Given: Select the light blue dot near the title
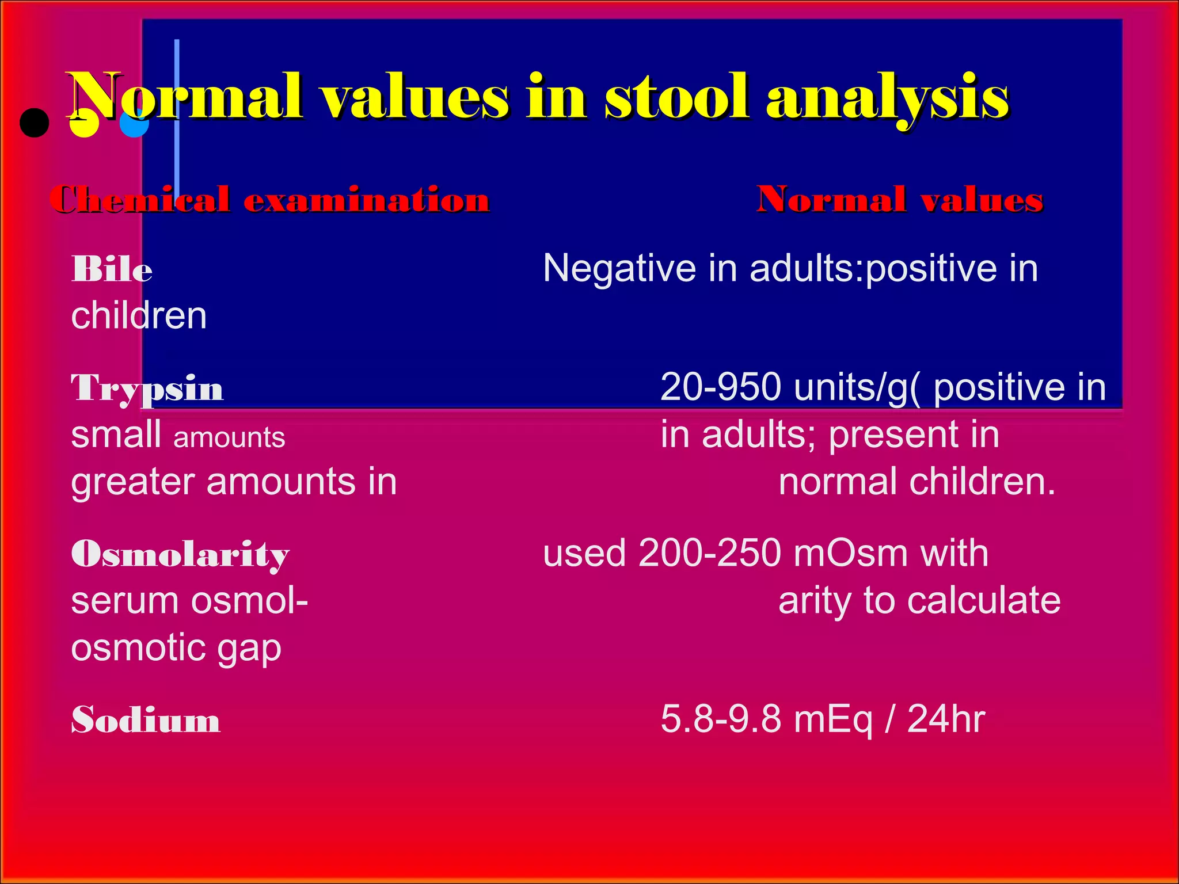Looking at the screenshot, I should [134, 123].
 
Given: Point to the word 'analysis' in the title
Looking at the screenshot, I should [887, 98].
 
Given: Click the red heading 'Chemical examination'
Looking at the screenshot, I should [269, 200].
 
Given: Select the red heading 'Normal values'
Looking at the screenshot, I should [899, 200].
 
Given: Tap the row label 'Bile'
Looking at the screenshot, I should [112, 269].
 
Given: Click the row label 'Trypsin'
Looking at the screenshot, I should [147, 388].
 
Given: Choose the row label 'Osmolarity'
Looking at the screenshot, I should [180, 554].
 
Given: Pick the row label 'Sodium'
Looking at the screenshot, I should [146, 720].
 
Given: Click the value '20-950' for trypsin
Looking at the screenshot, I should [720, 387].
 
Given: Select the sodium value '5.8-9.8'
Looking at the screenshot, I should [720, 719].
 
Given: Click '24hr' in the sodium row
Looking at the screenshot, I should [946, 719].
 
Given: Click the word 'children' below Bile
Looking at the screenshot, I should [139, 316].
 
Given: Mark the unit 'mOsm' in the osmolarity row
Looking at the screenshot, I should [850, 553].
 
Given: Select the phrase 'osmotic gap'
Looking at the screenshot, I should [176, 648].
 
